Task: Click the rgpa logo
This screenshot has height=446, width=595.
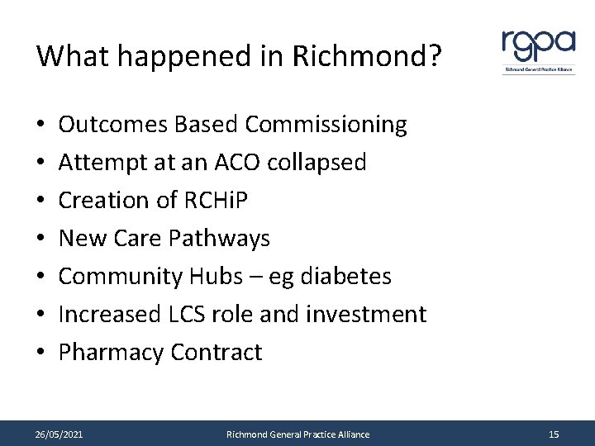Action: [538, 50]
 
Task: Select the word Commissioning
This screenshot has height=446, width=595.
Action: [326, 125]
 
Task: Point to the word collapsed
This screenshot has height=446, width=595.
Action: [317, 163]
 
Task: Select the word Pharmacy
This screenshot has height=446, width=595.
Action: [111, 353]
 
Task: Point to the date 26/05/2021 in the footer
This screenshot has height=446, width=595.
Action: [59, 434]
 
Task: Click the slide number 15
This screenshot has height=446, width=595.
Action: [553, 434]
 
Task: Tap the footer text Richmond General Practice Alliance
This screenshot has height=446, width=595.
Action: [297, 434]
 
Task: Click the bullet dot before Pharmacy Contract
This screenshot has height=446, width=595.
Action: [40, 353]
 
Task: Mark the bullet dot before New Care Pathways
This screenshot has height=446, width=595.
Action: [40, 240]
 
